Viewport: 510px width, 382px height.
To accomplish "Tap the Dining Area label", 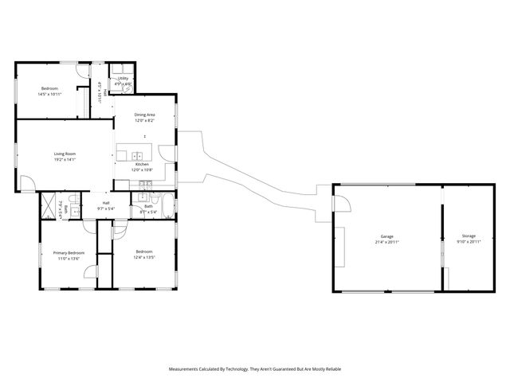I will tap(144, 115).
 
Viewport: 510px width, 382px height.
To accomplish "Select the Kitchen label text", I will tap(141, 164).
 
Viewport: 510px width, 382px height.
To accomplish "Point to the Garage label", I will tap(387, 236).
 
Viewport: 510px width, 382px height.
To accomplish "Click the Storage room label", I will tap(468, 236).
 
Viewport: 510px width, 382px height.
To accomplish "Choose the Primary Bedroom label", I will tap(69, 252).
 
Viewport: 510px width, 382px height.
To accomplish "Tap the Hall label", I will tap(106, 203).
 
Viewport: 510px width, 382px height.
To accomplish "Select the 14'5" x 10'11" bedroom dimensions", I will tap(49, 94).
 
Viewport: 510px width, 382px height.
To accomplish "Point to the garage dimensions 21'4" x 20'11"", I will tap(387, 242).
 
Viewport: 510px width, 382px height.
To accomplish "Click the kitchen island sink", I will tap(136, 156).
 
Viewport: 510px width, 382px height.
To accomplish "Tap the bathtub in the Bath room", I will tap(167, 205).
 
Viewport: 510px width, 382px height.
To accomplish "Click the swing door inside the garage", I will tap(340, 205).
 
